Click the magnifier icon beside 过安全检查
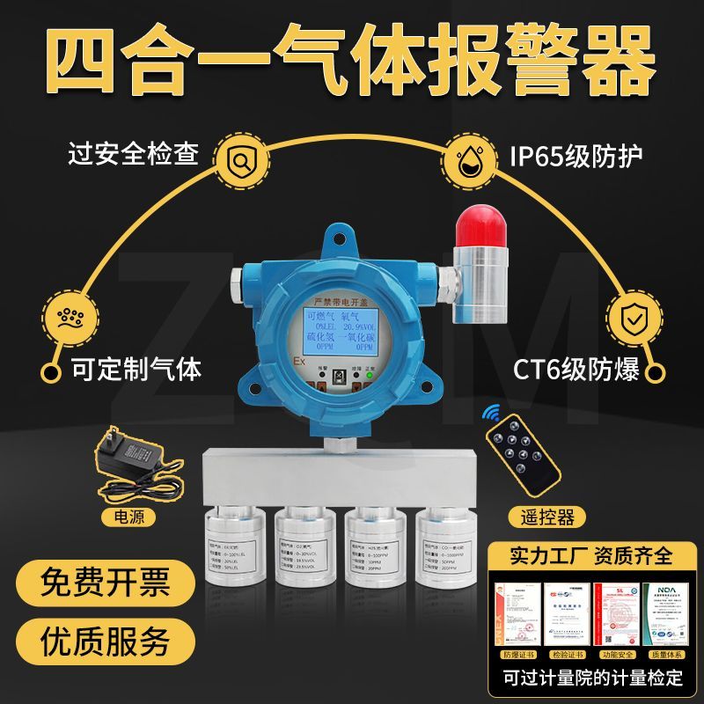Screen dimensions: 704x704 pos(239,160)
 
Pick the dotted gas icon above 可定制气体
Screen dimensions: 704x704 pos(67,318)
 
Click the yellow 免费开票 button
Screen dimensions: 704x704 pos(105,583)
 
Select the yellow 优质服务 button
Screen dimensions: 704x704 pos(105,640)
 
